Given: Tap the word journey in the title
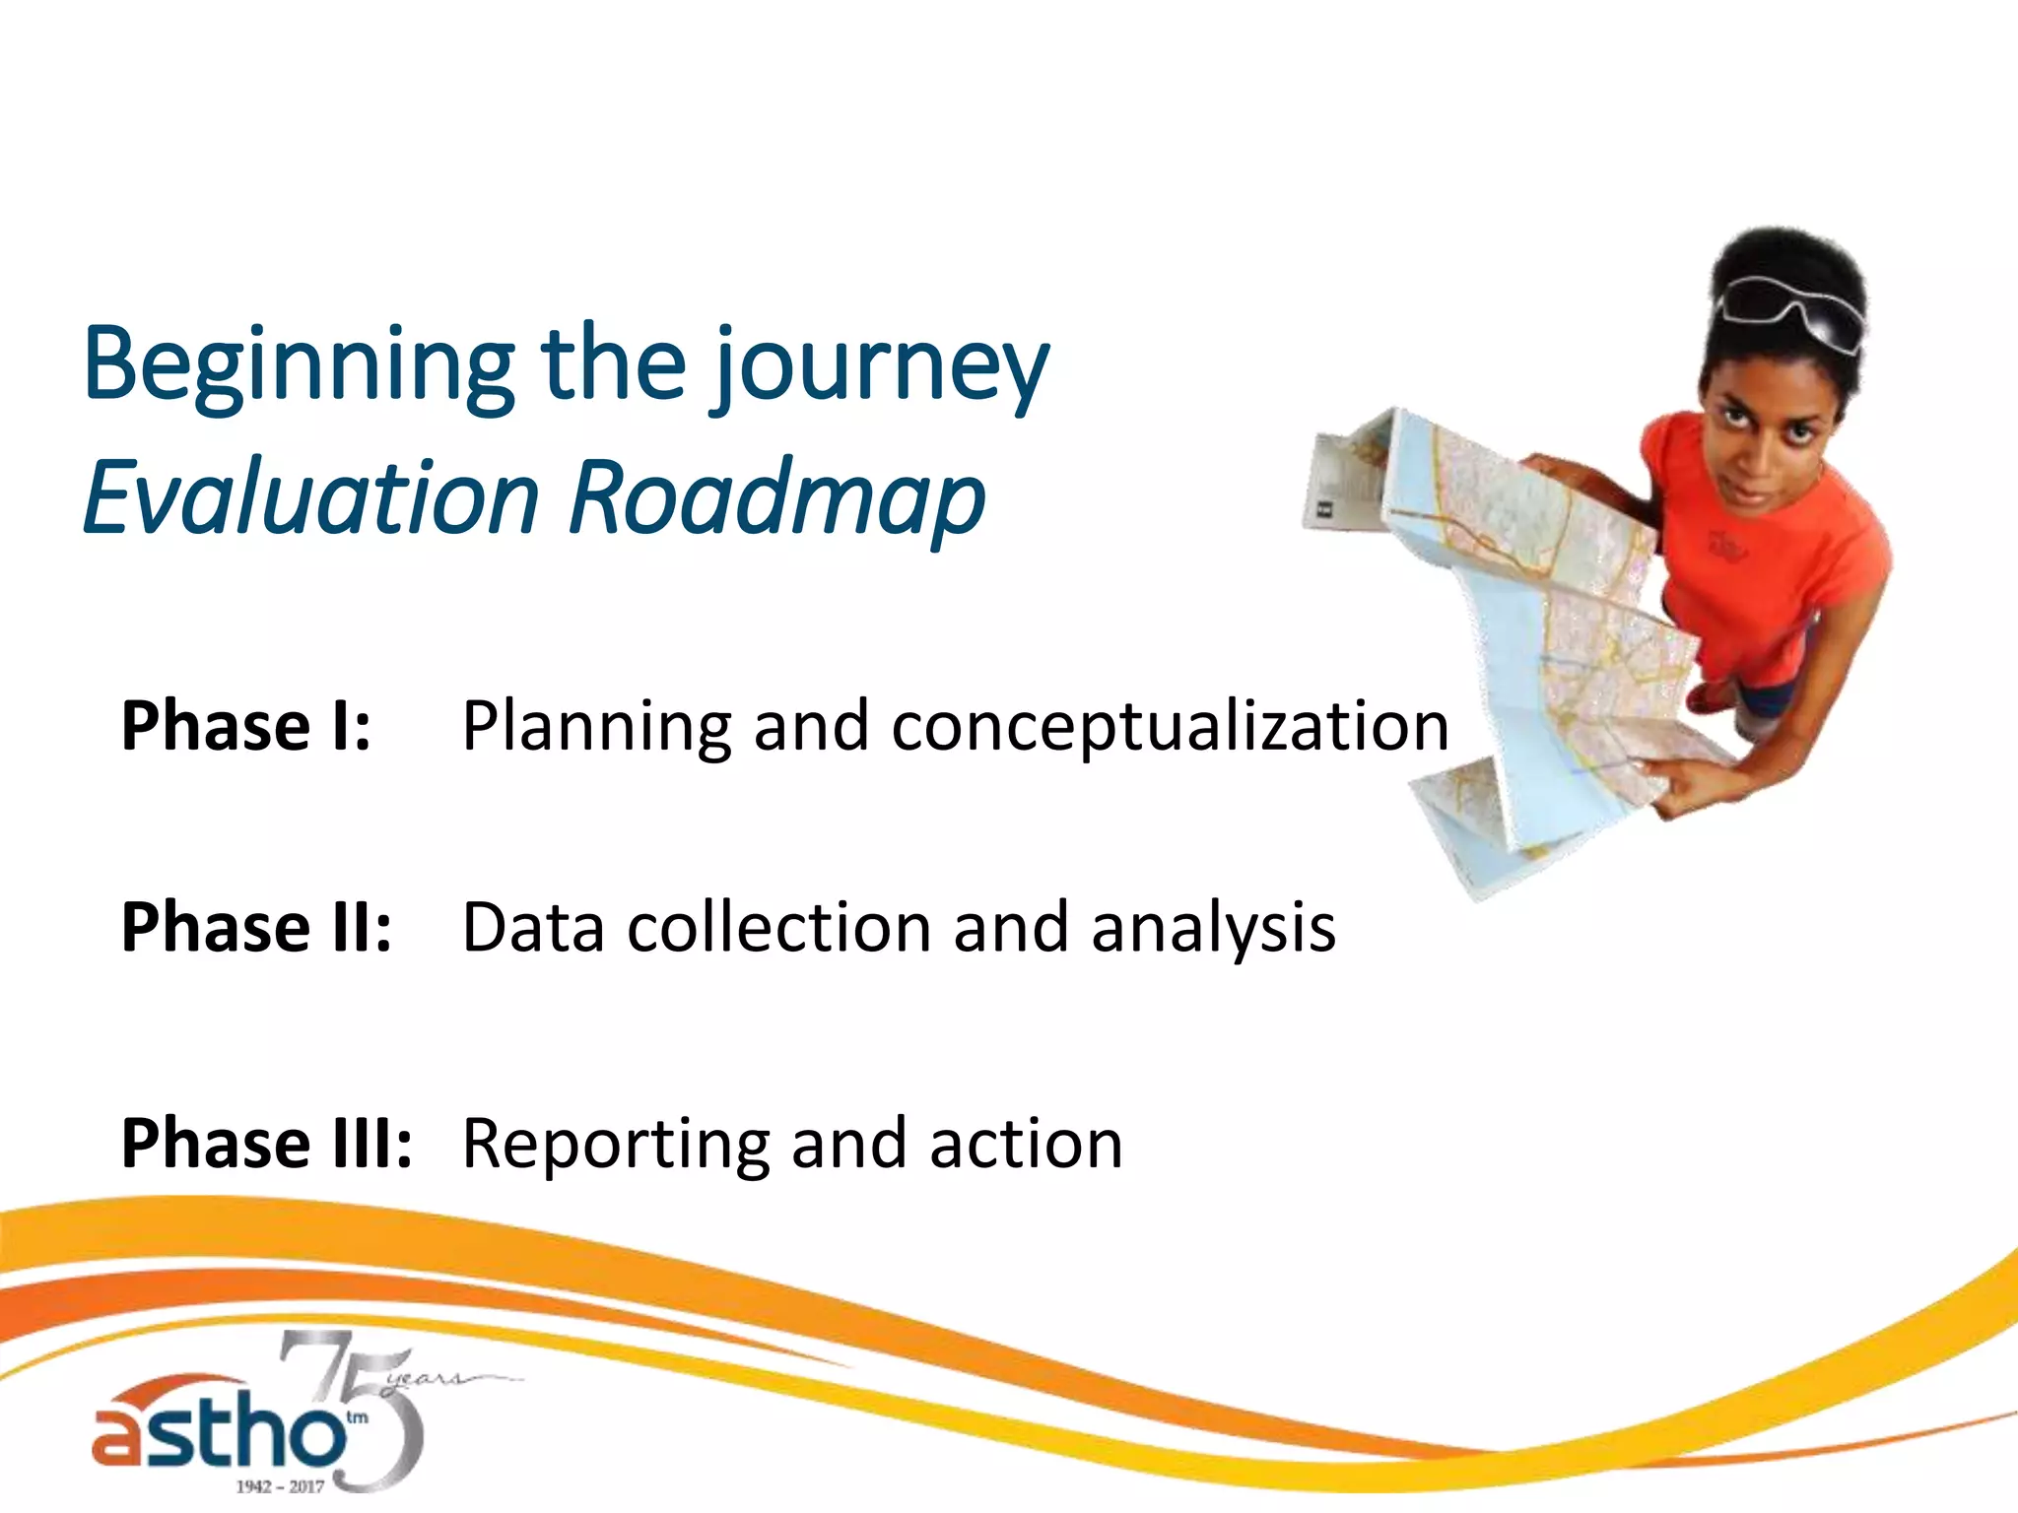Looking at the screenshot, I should (882, 366).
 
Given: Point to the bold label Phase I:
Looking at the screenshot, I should (246, 726).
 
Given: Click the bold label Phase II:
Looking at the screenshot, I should (256, 928).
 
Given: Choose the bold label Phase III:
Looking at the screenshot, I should (266, 1144).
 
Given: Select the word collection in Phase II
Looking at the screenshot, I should (778, 928).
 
